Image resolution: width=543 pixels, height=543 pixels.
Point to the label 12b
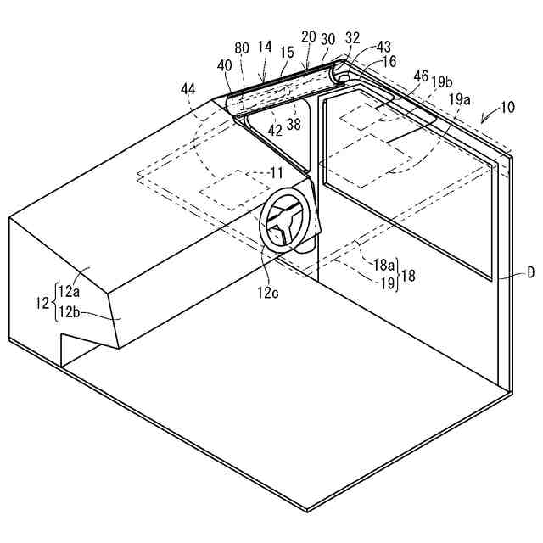tap(69, 312)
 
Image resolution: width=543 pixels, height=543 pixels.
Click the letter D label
tap(530, 273)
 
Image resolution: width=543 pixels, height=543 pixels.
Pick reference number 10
tap(507, 108)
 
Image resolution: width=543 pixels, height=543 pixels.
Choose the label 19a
tap(460, 99)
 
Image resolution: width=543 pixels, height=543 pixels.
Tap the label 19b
tap(440, 81)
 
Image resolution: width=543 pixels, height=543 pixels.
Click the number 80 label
tap(243, 48)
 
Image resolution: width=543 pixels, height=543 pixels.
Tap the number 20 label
tap(308, 36)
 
